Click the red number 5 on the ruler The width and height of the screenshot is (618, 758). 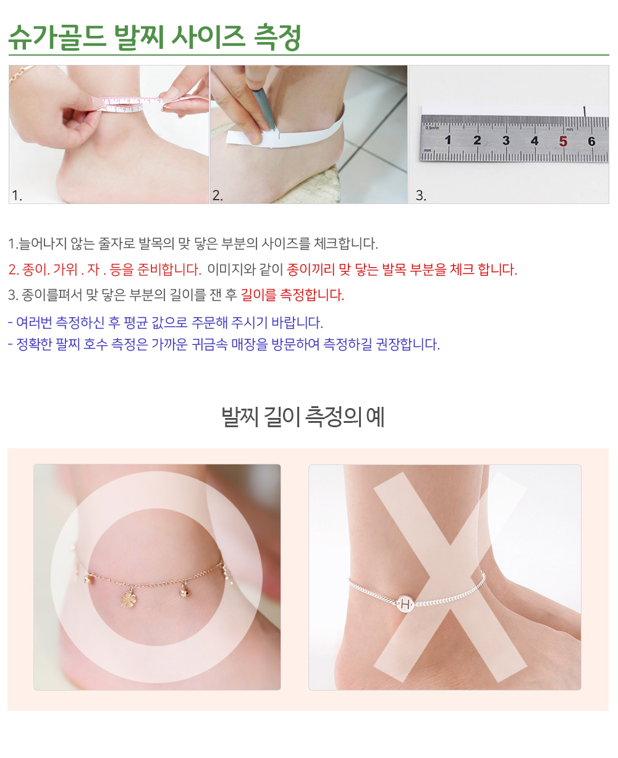(563, 141)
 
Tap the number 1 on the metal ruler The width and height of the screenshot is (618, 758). (447, 140)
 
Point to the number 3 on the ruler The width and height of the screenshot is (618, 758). (506, 140)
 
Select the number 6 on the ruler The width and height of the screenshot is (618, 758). (591, 141)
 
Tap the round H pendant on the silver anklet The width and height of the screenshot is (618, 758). (405, 604)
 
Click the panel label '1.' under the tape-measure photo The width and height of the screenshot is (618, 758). (17, 195)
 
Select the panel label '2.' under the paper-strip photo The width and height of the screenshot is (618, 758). (218, 195)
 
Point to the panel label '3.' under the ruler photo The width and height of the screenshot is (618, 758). (421, 195)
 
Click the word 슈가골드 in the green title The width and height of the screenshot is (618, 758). (57, 37)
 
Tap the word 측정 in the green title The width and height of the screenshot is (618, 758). (277, 37)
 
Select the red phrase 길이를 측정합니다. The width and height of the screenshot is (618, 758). (292, 295)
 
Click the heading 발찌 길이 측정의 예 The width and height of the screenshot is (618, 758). (303, 417)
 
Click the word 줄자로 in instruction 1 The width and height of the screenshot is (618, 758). (116, 244)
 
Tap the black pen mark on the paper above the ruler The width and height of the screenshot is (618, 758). (585, 111)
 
